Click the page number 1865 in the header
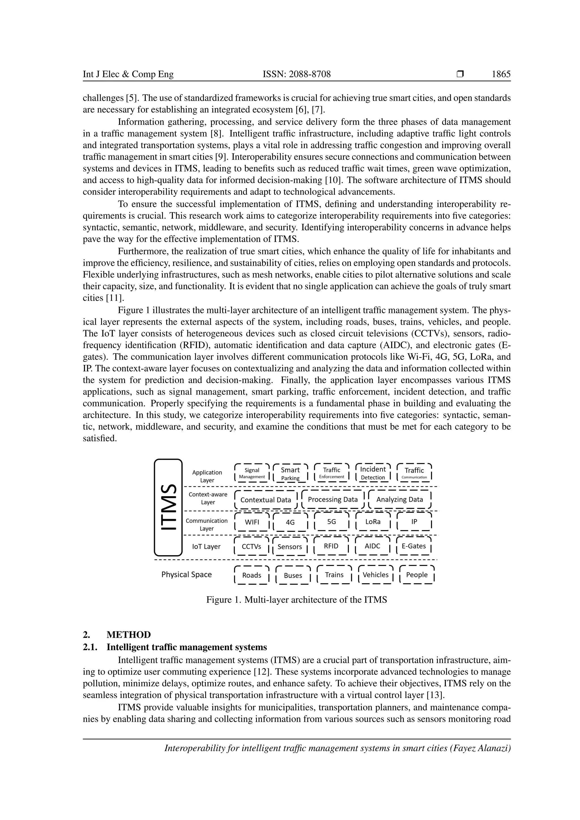pyautogui.click(x=501, y=74)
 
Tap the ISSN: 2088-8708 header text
pyautogui.click(x=297, y=74)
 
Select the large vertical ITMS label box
pyautogui.click(x=168, y=507)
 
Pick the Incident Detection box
pyautogui.click(x=373, y=473)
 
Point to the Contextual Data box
pyautogui.click(x=266, y=500)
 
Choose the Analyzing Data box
pyautogui.click(x=399, y=500)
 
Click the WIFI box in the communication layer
pyautogui.click(x=252, y=522)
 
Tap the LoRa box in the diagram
pyautogui.click(x=373, y=522)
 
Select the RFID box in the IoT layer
pyautogui.click(x=331, y=546)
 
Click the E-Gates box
pyautogui.click(x=414, y=546)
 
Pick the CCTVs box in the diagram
pyautogui.click(x=251, y=546)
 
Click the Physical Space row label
pyautogui.click(x=186, y=575)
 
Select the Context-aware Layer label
pyautogui.click(x=208, y=498)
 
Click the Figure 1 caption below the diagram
pyautogui.click(x=297, y=600)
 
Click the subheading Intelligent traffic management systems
pyautogui.click(x=186, y=647)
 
